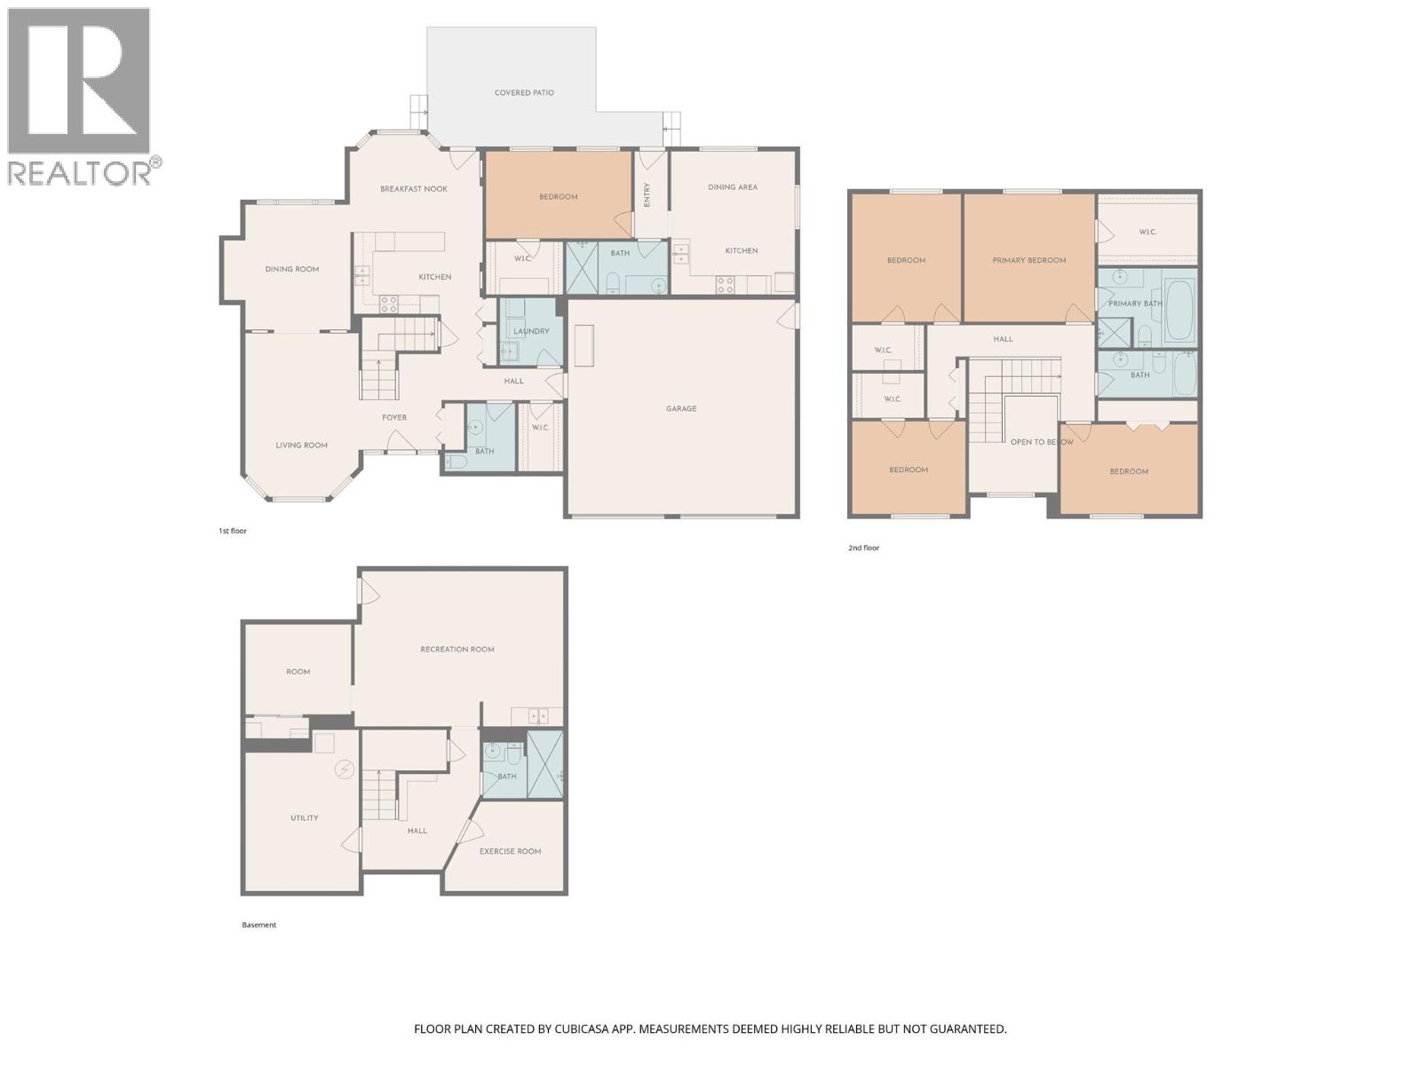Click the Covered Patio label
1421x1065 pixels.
pos(524,92)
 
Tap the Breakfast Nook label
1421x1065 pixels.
pos(414,189)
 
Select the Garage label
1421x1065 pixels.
pos(681,409)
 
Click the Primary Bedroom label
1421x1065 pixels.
pos(1028,260)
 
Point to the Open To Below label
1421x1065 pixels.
pos(1041,442)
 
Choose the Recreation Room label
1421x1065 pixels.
pos(457,650)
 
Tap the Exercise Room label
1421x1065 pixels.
pos(510,851)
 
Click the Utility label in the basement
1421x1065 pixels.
pos(304,818)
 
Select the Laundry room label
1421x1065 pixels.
pos(531,331)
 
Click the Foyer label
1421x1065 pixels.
pos(394,417)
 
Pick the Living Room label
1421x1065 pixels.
pos(301,446)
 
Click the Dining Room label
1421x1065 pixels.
pos(292,269)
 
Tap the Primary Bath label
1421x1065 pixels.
pos(1135,304)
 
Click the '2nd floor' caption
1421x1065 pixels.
pos(863,548)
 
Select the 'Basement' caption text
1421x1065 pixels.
pos(259,925)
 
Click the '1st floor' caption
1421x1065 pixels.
pos(233,531)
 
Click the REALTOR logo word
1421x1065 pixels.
pos(80,172)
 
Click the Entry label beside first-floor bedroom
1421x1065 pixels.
pos(647,195)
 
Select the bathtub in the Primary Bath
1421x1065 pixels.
pos(1179,311)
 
